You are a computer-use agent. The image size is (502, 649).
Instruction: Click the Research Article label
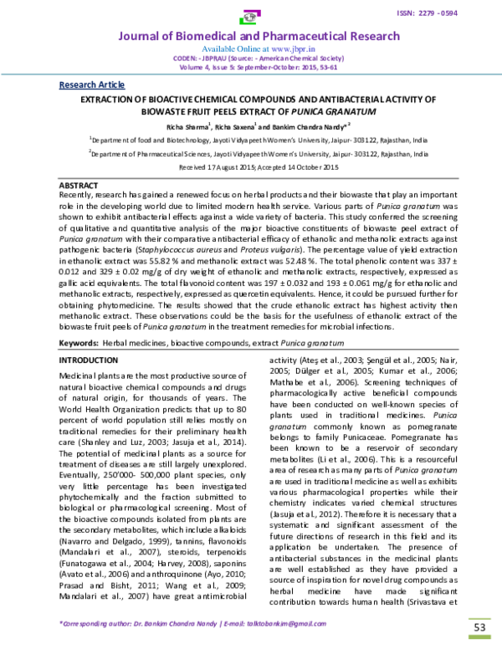[91, 85]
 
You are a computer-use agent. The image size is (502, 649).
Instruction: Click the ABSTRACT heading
[80, 183]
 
